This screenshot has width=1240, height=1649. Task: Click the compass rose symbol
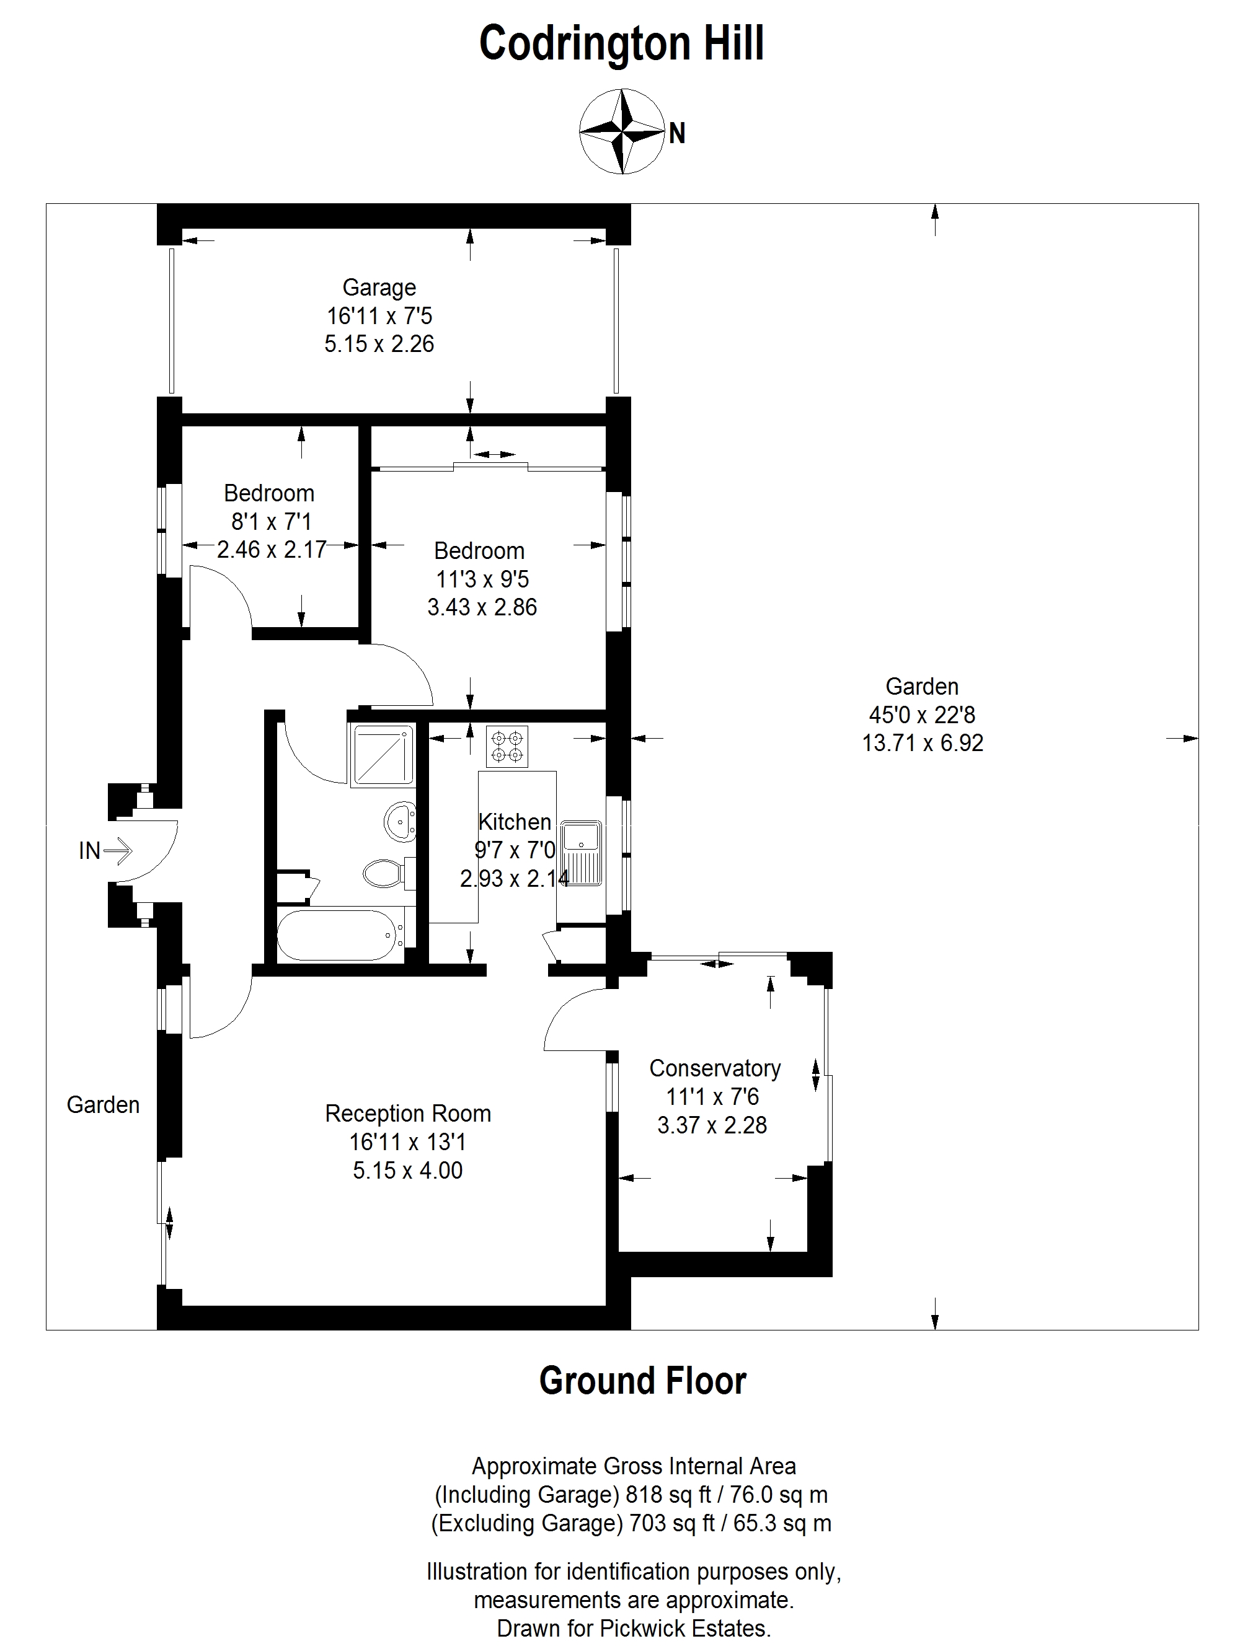622,131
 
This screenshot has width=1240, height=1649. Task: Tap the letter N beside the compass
676,133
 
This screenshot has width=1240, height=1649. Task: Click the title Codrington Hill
621,43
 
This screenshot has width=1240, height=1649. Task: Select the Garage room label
379,287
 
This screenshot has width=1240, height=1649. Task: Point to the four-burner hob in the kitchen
507,746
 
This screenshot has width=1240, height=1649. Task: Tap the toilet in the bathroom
387,873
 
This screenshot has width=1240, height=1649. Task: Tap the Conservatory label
714,1068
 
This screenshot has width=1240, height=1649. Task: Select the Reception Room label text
408,1114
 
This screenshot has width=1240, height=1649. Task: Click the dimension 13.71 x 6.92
923,743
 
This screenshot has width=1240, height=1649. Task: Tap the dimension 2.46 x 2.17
272,550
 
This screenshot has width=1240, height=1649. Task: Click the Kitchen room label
515,822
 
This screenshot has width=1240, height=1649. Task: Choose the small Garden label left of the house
103,1105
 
